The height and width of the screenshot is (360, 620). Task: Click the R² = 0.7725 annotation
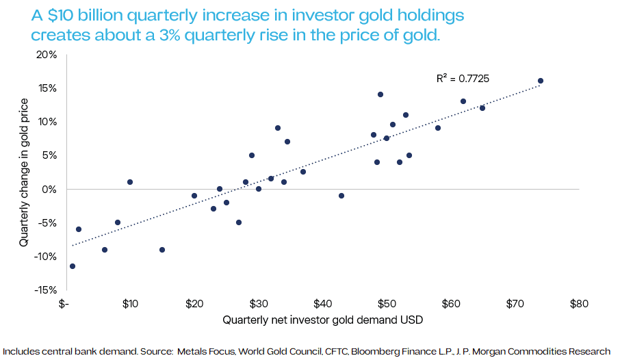(x=464, y=79)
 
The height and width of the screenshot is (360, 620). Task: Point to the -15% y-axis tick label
(x=45, y=290)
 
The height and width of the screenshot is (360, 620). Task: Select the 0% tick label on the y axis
(x=50, y=189)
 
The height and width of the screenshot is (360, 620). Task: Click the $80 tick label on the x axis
(x=579, y=304)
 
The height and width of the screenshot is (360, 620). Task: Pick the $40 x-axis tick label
(x=322, y=304)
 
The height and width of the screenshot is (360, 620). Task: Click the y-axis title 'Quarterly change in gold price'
(x=24, y=172)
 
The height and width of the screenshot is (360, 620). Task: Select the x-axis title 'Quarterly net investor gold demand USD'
(x=321, y=320)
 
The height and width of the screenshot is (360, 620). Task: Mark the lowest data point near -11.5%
(x=73, y=266)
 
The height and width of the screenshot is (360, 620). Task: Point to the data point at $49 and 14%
(x=380, y=94)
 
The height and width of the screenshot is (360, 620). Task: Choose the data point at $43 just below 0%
(x=341, y=196)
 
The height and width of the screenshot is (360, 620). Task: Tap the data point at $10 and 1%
(x=130, y=182)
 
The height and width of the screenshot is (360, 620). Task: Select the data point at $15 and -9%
(x=162, y=250)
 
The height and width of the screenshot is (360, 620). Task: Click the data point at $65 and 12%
(x=482, y=108)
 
